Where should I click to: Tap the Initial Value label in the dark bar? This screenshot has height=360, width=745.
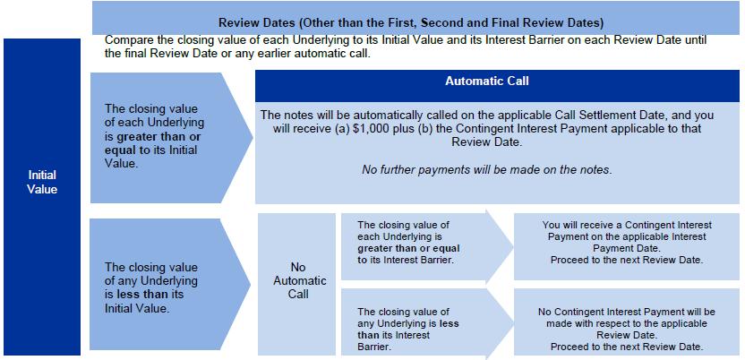click(x=42, y=182)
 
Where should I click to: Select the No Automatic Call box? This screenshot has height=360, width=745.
click(x=297, y=284)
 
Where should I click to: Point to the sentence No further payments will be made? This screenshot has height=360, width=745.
click(x=486, y=169)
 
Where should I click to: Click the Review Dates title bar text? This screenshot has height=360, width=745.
click(x=410, y=22)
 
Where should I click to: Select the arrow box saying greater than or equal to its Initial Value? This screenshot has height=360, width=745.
click(x=172, y=138)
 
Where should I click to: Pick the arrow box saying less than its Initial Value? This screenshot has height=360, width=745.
click(x=170, y=284)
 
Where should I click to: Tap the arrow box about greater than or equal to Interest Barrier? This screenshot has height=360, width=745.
click(x=427, y=246)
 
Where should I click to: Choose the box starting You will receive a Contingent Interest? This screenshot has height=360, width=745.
click(x=627, y=246)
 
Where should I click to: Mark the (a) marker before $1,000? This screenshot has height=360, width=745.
click(x=343, y=129)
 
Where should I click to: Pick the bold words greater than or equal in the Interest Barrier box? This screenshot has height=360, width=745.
click(x=408, y=248)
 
